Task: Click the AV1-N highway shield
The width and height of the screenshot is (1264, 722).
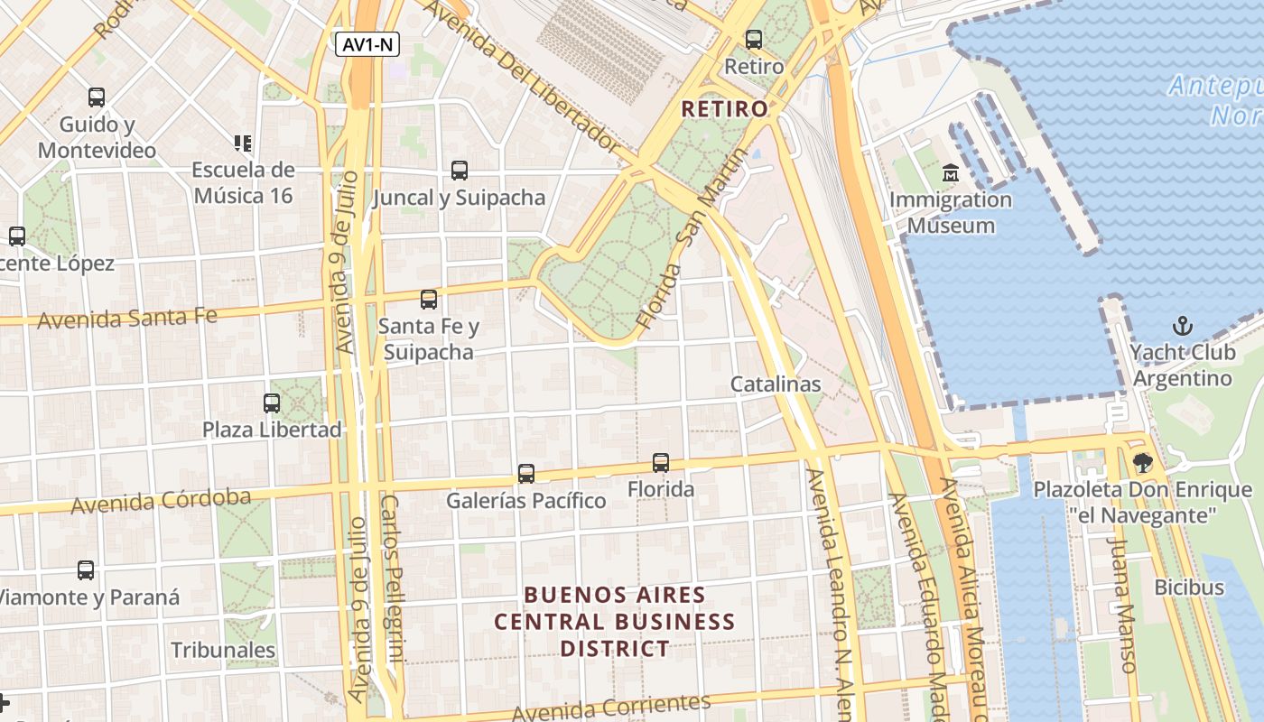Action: [367, 44]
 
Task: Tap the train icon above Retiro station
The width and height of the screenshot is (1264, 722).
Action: [754, 40]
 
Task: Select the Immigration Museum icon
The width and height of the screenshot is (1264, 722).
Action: [950, 171]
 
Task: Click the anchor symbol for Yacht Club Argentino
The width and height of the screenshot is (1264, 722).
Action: [1182, 326]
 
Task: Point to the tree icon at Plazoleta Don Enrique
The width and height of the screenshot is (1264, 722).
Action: [1143, 463]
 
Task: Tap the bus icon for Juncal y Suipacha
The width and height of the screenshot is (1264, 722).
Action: [460, 170]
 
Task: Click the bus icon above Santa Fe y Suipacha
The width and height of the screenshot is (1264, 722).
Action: [429, 299]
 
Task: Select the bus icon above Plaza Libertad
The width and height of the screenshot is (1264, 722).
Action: [272, 403]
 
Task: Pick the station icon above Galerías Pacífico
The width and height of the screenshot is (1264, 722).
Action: [525, 473]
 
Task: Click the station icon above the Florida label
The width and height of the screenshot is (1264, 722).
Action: [661, 463]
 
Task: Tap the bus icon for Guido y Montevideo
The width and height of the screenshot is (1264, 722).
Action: [97, 97]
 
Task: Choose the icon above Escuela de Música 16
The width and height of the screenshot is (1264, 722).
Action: [242, 143]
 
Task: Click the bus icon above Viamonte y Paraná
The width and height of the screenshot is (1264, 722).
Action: [86, 569]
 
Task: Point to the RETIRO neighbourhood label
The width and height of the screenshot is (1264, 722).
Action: [725, 109]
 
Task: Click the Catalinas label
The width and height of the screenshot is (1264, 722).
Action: [776, 384]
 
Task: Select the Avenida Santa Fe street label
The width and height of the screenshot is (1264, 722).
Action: [127, 318]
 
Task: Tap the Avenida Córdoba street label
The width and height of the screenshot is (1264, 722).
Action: [161, 502]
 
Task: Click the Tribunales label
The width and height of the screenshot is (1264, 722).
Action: [223, 650]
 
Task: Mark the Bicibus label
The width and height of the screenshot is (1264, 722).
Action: [1189, 588]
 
